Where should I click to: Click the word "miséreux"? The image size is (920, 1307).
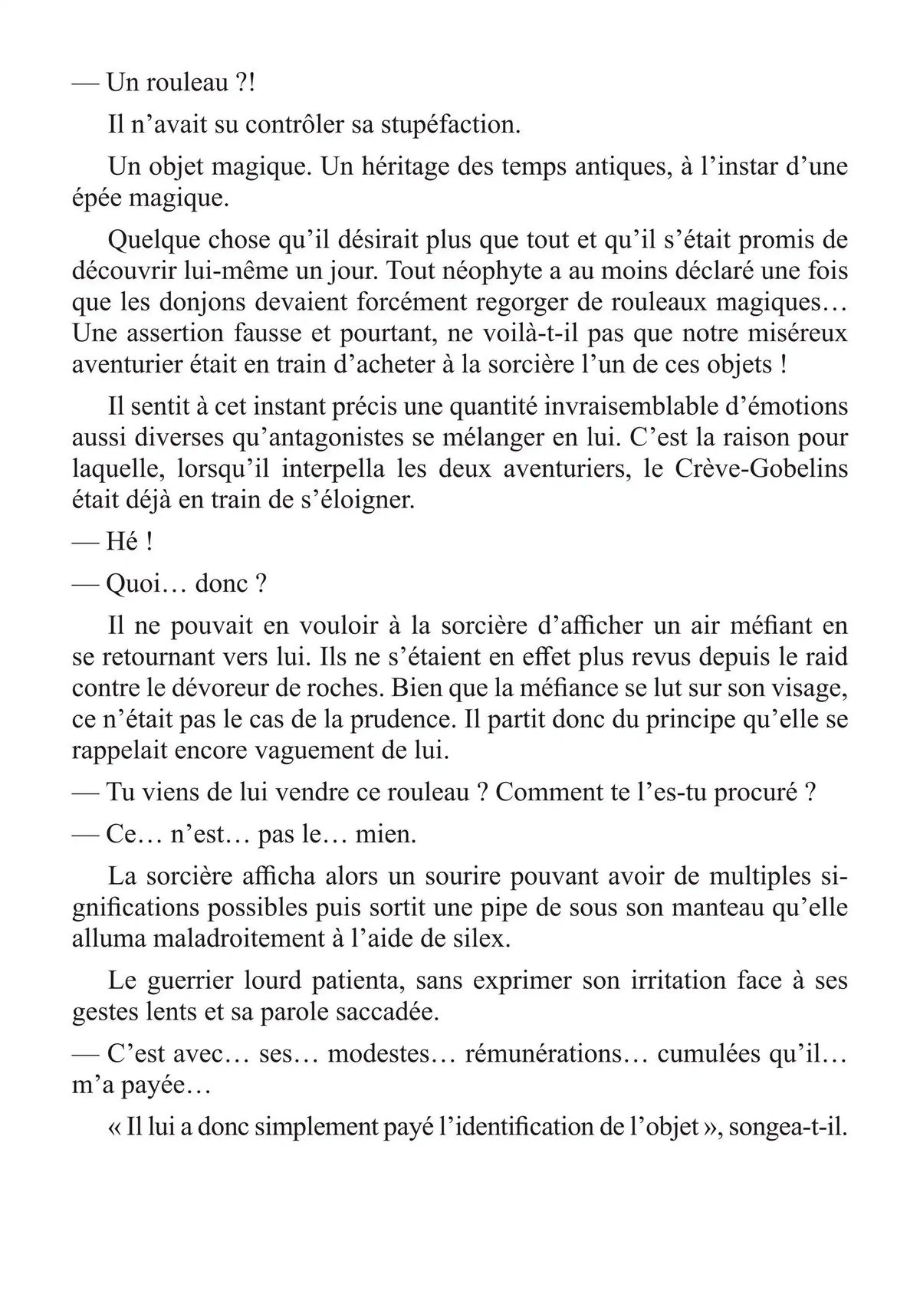click(x=794, y=333)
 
